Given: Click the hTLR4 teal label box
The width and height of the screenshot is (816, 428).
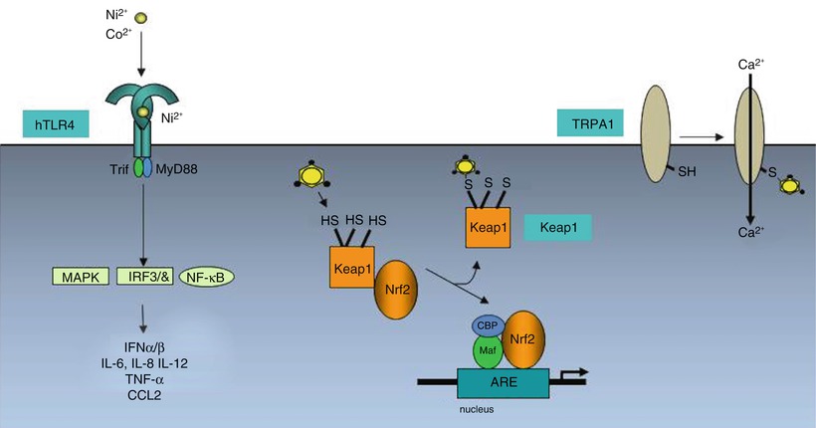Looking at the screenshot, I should (55, 124).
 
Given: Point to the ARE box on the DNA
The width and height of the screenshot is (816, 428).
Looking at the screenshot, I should (502, 383).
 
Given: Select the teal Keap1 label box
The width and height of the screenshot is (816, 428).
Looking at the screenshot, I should (559, 228).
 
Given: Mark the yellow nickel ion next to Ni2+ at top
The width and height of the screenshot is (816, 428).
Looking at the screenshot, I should (140, 18).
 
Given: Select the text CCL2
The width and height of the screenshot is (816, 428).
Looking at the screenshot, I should (143, 395).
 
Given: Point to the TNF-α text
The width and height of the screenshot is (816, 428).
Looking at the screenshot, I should (143, 378).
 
